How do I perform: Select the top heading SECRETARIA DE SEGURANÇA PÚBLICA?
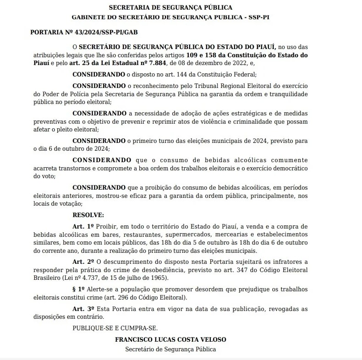coord(170,7)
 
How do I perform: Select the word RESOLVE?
coord(88,214)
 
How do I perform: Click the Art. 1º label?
coord(83,227)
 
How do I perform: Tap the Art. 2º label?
coord(83,262)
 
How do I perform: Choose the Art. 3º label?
coord(83,309)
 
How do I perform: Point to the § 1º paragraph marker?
coord(79,289)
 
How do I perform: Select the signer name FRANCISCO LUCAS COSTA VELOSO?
coord(170,340)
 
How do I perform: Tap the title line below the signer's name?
coord(170,349)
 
